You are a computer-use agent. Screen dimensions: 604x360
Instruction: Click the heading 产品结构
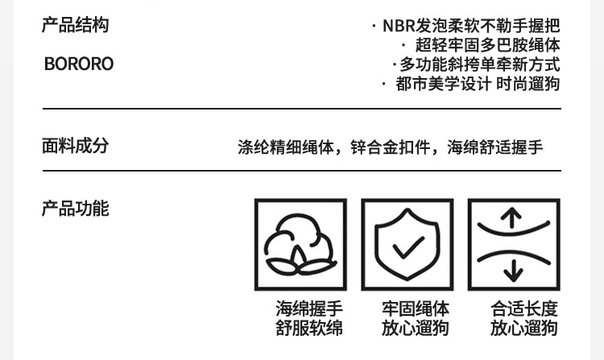point(75,25)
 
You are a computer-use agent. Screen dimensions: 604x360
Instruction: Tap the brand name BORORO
point(79,64)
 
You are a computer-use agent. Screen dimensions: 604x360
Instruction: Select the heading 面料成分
point(75,146)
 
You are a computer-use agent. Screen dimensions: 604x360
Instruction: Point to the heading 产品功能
point(75,209)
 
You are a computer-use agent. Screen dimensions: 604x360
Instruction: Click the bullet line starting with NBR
point(471,26)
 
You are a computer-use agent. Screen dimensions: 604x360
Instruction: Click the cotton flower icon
point(300,245)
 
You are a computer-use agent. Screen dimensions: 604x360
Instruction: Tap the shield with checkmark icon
point(407,245)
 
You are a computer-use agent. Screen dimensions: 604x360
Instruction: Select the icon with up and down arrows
point(514,245)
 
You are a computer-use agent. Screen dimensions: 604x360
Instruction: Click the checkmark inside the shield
point(407,246)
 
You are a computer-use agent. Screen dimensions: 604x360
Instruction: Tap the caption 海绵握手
point(309,309)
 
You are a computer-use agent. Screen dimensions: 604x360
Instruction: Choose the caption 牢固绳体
point(416,309)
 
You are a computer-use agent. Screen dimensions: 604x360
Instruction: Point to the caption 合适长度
point(524,309)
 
